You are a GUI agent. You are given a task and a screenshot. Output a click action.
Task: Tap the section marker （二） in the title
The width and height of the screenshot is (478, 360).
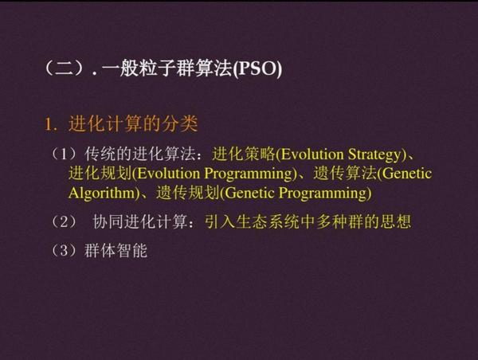pyautogui.click(x=65, y=68)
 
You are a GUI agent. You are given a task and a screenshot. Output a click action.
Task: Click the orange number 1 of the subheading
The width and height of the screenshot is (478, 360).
pyautogui.click(x=48, y=124)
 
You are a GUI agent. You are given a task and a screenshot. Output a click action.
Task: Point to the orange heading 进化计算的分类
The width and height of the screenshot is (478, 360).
pyautogui.click(x=133, y=124)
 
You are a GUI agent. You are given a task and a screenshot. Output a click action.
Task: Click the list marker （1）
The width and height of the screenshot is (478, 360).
pyautogui.click(x=65, y=155)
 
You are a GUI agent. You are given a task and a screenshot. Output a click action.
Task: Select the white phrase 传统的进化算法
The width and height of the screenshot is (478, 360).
pyautogui.click(x=139, y=155)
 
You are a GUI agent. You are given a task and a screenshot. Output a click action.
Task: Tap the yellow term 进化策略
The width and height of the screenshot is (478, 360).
pyautogui.click(x=244, y=155)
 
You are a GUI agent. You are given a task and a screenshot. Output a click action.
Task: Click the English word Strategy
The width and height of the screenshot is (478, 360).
pyautogui.click(x=375, y=155)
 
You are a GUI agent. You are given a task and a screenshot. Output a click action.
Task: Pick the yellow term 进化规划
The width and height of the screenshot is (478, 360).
pyautogui.click(x=100, y=174)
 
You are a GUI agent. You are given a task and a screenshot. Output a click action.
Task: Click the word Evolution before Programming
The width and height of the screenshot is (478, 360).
pyautogui.click(x=169, y=174)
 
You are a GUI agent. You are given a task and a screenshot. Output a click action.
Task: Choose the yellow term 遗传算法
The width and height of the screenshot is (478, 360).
pyautogui.click(x=345, y=174)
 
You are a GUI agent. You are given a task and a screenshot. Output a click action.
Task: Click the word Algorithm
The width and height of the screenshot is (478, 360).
pyautogui.click(x=102, y=194)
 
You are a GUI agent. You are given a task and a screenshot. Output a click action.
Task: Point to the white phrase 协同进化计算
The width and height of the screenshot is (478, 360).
pyautogui.click(x=140, y=221)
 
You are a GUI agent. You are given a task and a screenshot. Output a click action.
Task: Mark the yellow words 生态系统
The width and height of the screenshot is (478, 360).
pyautogui.click(x=268, y=221)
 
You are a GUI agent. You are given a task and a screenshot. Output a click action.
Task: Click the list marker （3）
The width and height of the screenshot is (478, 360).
pyautogui.click(x=65, y=251)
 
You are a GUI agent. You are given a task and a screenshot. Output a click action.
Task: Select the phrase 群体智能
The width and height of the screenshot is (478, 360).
pyautogui.click(x=116, y=251)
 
